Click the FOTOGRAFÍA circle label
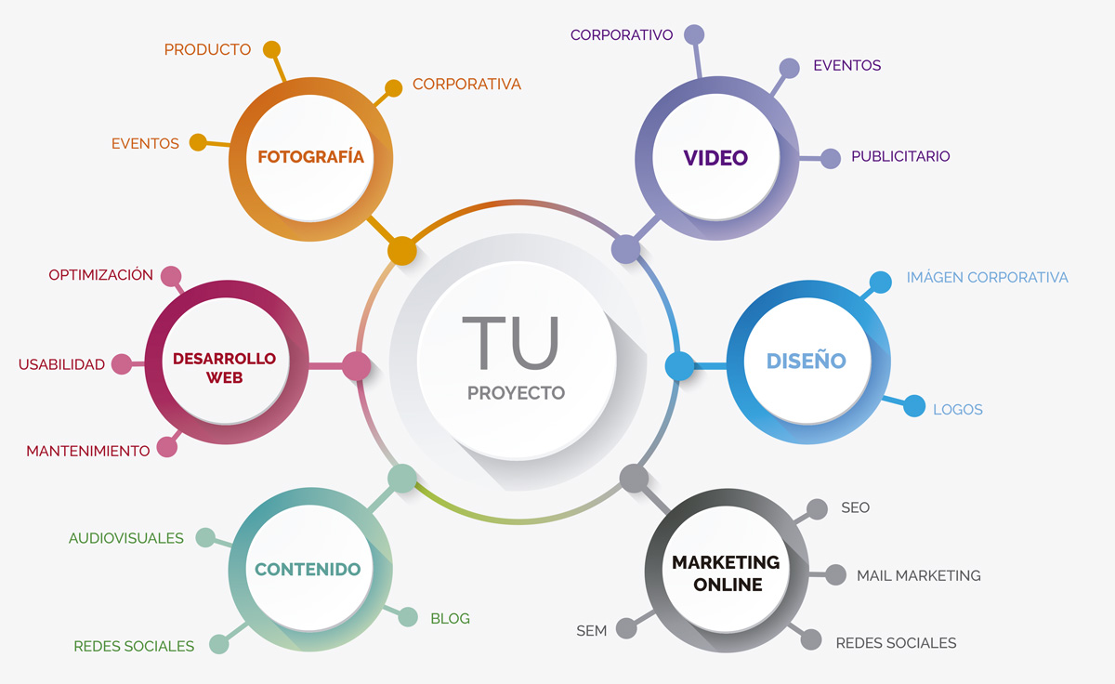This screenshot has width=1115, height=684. (x=310, y=156)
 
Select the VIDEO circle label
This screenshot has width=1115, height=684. (x=715, y=158)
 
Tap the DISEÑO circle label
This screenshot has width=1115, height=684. (x=806, y=361)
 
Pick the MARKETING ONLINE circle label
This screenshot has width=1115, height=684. (x=726, y=573)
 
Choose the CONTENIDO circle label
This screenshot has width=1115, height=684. (x=308, y=569)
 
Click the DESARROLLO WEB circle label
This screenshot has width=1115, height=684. (x=224, y=367)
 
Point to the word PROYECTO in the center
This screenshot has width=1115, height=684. (x=516, y=393)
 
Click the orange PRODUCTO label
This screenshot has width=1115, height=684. (x=207, y=50)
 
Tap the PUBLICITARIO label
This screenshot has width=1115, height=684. (x=900, y=156)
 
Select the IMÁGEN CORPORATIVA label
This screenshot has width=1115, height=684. (x=987, y=277)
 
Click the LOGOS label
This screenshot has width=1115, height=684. (x=957, y=410)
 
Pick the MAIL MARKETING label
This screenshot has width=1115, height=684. (x=918, y=575)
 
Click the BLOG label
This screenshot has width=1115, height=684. (x=450, y=618)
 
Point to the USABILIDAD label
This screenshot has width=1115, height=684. (x=61, y=364)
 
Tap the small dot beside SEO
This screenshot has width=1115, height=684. (x=817, y=509)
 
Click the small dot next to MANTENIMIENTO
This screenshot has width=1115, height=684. (x=167, y=447)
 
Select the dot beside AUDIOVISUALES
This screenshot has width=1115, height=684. (x=205, y=537)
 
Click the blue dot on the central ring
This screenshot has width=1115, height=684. (x=679, y=366)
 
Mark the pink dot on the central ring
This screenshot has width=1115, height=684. (x=356, y=366)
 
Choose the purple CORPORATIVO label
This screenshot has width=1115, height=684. (x=621, y=35)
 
